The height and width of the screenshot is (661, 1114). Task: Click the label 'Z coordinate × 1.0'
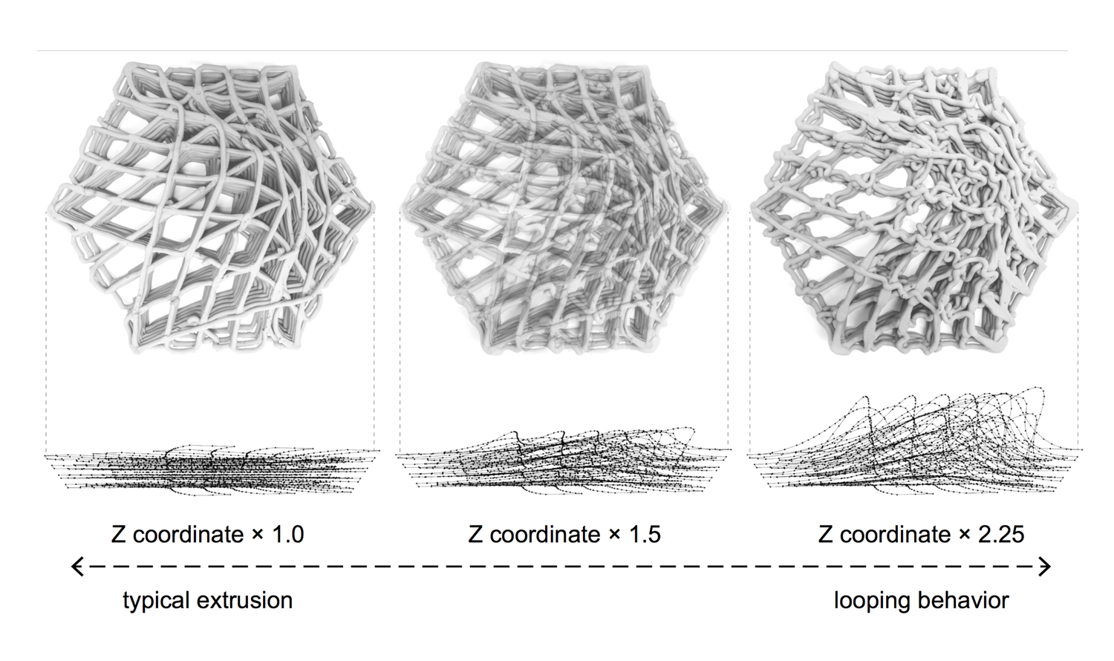[207, 534]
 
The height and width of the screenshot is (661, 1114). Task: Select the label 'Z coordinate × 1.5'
[564, 534]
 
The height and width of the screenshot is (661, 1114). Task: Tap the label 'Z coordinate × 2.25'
[921, 534]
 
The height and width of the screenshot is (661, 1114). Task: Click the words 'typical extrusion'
[207, 600]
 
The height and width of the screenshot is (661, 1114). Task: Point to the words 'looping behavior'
[921, 600]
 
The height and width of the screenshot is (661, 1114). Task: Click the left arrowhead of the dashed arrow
[76, 567]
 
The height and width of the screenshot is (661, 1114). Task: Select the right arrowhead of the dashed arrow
[1046, 567]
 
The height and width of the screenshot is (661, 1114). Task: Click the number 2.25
[1000, 534]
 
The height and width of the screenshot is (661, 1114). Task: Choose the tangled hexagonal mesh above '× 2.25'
[915, 208]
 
